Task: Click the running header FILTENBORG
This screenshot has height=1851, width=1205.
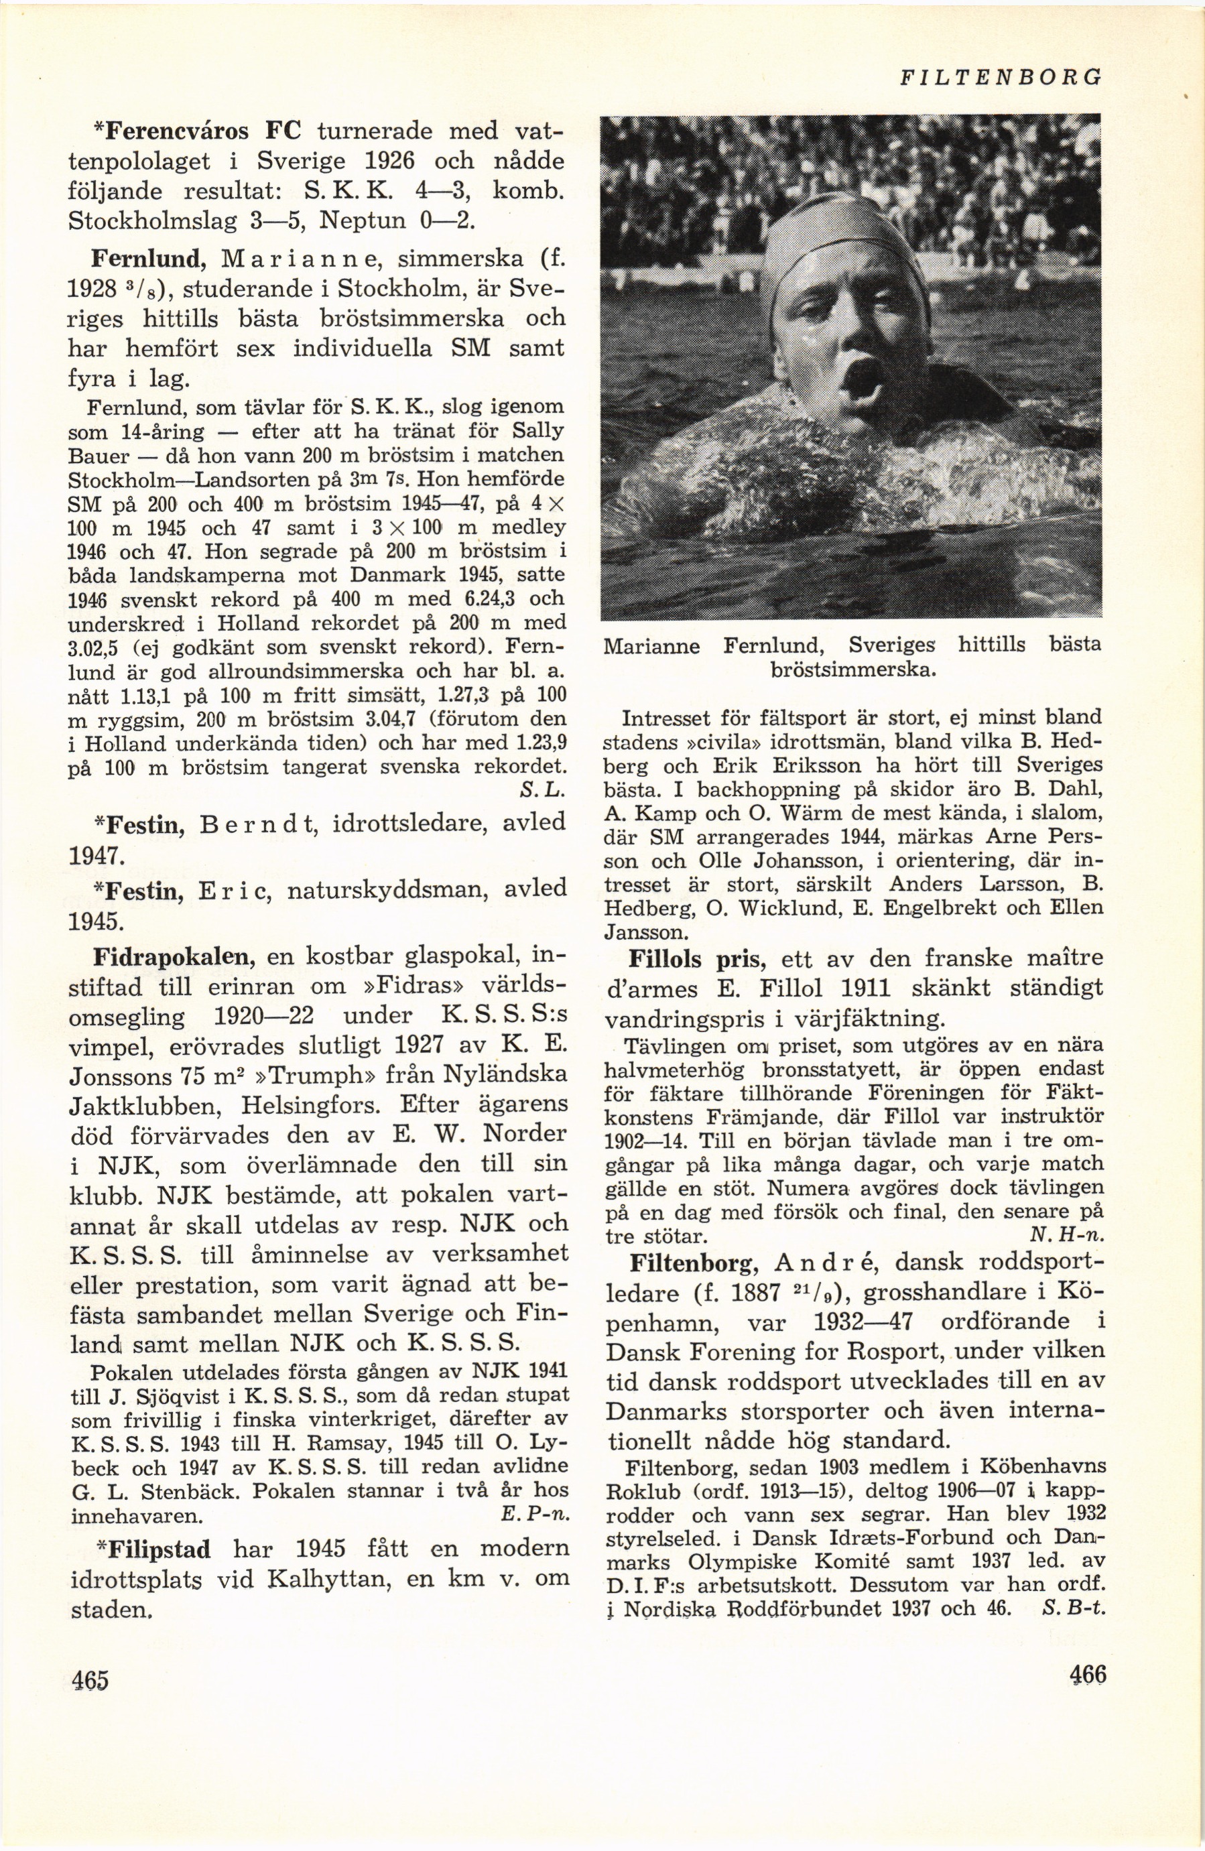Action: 1001,78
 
